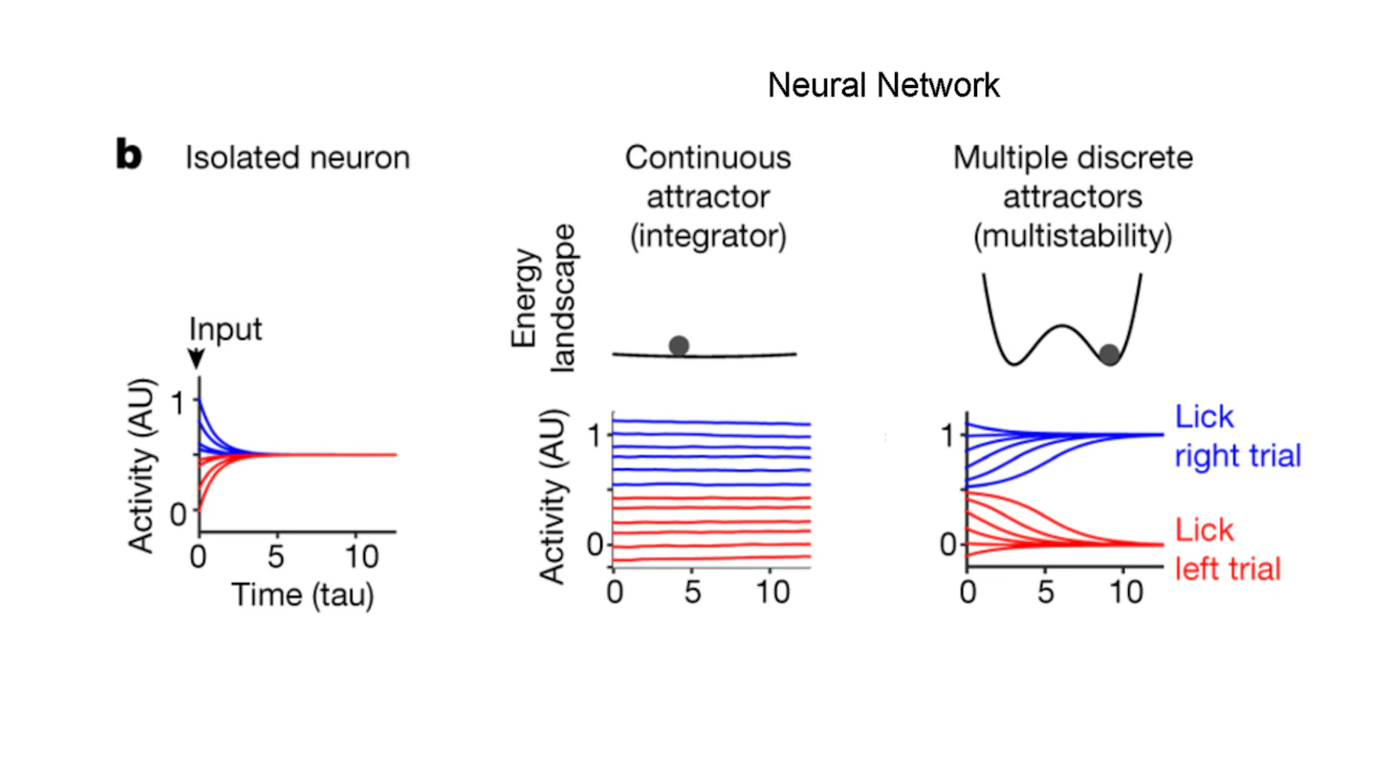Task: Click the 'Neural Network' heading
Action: coord(884,86)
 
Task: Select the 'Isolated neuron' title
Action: coord(297,157)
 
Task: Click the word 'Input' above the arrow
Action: coord(226,330)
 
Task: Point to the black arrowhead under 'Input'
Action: coord(196,359)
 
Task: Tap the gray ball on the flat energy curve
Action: coord(679,345)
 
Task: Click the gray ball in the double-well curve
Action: coord(1109,355)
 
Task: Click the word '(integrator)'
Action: coord(707,236)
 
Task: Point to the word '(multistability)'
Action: coord(1073,236)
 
